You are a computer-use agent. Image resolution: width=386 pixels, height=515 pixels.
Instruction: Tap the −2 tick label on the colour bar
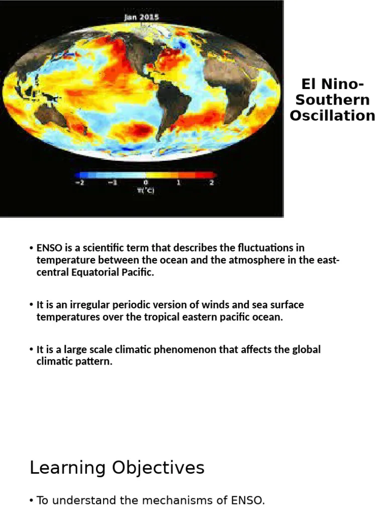[x=78, y=183]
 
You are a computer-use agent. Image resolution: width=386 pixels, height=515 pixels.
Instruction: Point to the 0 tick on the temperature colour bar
[x=145, y=183]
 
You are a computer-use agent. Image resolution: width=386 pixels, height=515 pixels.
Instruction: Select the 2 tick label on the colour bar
[x=212, y=183]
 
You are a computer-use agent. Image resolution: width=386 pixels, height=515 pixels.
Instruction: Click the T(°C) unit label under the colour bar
[x=145, y=191]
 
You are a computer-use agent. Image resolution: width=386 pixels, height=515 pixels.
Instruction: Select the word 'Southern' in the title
[x=332, y=100]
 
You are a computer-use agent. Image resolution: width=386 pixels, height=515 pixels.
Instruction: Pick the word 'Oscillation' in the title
[x=332, y=115]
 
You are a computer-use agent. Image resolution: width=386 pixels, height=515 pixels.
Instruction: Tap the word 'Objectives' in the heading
[x=158, y=468]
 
